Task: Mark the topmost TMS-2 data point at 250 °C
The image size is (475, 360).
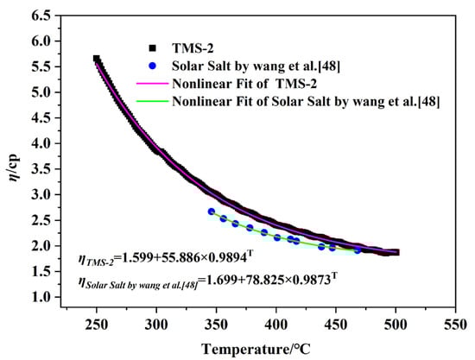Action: pos(97,59)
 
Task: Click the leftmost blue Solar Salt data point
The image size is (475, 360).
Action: pos(211,212)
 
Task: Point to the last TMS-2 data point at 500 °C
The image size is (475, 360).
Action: pos(396,252)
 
